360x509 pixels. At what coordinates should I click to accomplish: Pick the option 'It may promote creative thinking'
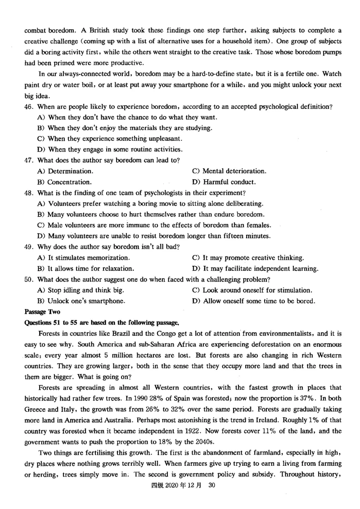[x=253, y=258]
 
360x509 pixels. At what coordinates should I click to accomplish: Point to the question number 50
[x=28, y=279]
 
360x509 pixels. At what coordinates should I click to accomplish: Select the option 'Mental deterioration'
[x=234, y=171]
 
